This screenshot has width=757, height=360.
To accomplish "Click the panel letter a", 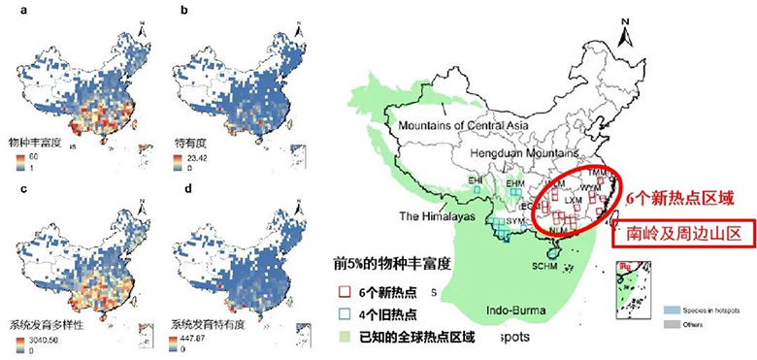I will [10, 12].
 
